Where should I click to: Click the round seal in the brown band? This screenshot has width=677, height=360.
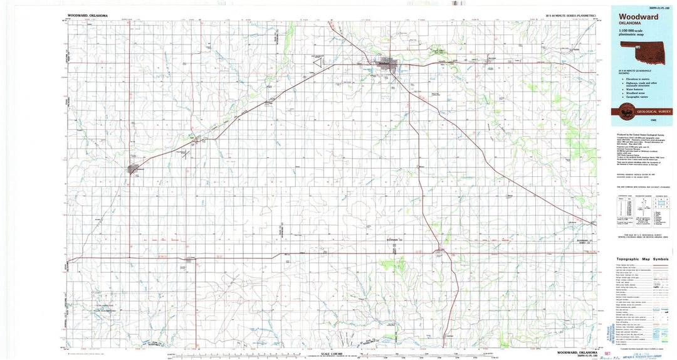coord(625,111)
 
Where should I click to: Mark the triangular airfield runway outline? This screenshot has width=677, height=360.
coord(186,154)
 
